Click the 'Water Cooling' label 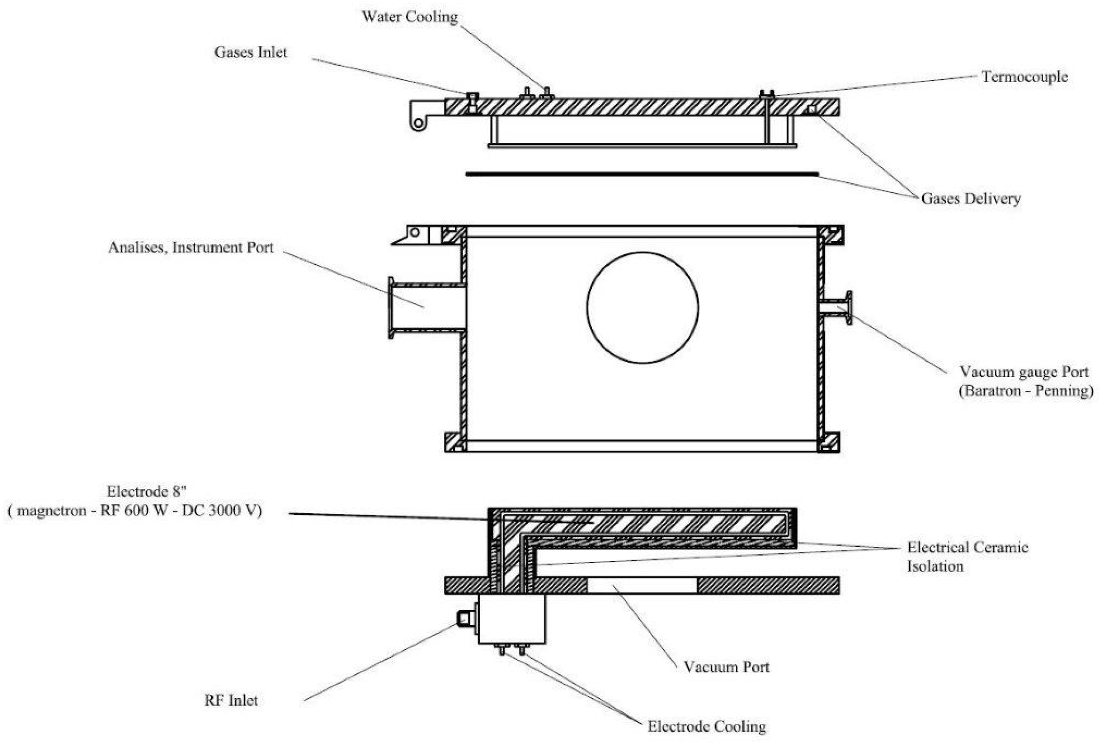410,17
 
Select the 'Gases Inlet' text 250,52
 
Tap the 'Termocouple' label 1024,77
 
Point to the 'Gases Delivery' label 970,198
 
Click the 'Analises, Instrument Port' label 191,248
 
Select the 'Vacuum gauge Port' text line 1024,372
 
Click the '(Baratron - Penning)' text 1026,391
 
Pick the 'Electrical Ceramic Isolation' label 967,557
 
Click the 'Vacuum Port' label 726,667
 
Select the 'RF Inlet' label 231,700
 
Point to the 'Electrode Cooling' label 707,726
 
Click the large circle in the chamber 642,308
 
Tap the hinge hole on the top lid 418,124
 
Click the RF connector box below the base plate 511,619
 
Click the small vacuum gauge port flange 849,308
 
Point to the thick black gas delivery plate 641,174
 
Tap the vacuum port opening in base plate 642,585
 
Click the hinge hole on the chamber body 415,233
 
